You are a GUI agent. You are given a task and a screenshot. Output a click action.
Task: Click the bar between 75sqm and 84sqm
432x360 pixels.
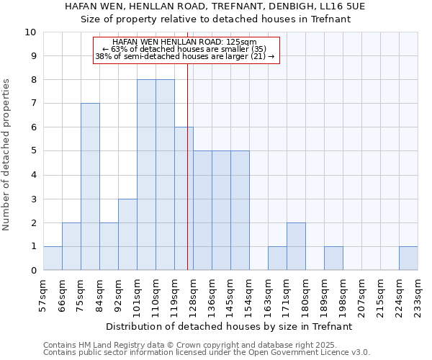click(x=90, y=186)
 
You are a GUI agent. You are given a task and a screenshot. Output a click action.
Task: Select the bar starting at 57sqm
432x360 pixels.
click(x=53, y=258)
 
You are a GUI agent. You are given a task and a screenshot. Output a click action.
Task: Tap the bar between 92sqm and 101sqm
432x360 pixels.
click(x=127, y=234)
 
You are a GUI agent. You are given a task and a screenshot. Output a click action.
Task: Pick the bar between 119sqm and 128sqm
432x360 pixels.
click(x=184, y=199)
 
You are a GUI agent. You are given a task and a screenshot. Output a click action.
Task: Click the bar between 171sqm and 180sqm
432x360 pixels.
click(x=296, y=246)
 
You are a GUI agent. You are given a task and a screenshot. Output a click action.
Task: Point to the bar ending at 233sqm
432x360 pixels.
click(x=408, y=258)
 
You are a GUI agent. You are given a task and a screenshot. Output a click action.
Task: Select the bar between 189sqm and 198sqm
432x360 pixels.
click(x=333, y=258)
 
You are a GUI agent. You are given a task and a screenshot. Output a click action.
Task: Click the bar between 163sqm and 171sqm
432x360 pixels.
click(x=277, y=258)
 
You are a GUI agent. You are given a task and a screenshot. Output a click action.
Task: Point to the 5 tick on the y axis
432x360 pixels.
click(x=33, y=151)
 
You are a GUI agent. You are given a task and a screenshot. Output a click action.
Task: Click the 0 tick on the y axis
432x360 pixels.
click(x=33, y=271)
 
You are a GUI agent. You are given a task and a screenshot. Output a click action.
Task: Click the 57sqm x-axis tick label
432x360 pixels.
click(x=43, y=292)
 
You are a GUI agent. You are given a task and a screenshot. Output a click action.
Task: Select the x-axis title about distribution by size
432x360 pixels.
click(x=230, y=326)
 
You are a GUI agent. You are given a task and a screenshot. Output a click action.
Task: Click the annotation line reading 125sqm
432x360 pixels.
click(x=186, y=42)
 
